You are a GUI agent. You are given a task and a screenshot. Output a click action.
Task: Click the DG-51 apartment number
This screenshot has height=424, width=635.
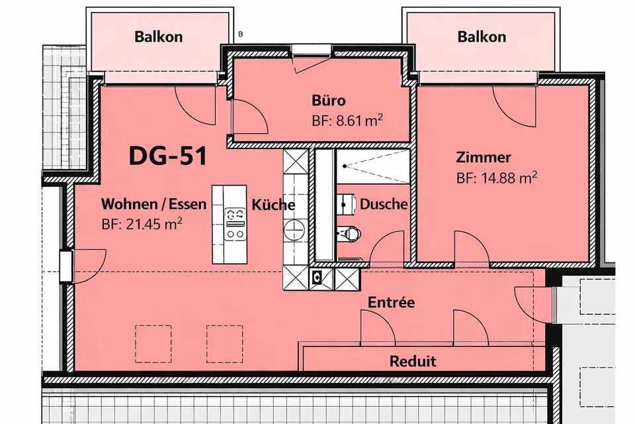[x=167, y=156]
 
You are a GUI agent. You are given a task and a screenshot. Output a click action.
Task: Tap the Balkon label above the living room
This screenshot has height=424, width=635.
[x=158, y=37]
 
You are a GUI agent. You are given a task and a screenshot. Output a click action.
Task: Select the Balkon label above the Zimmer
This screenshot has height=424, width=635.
[x=482, y=37]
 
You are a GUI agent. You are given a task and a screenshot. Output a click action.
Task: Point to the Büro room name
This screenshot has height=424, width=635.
[x=329, y=100]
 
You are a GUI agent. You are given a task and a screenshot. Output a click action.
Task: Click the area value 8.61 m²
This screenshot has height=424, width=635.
[x=347, y=121]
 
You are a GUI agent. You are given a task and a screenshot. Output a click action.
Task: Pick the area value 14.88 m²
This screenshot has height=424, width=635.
[x=497, y=178]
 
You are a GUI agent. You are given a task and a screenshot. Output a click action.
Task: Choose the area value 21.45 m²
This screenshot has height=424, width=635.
[x=142, y=223]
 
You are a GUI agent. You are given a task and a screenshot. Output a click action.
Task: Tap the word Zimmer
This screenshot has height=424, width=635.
[x=483, y=157]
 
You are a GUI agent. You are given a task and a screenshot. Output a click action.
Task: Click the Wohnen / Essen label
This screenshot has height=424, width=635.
[x=153, y=203]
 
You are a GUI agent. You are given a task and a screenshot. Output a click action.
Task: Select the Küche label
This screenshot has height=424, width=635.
[x=273, y=205]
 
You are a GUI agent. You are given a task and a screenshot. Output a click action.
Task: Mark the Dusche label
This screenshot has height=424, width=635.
[x=384, y=203]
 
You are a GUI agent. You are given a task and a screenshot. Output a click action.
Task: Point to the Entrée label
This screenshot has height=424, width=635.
[x=391, y=302]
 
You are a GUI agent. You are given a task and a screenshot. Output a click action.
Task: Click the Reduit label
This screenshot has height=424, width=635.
[x=413, y=361]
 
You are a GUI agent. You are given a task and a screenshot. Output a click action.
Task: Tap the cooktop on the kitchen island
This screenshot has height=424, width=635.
[x=235, y=225]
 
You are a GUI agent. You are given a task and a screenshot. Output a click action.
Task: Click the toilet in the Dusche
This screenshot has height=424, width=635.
[x=349, y=233]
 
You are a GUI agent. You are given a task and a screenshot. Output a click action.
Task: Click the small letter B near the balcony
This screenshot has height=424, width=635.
[x=241, y=34]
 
